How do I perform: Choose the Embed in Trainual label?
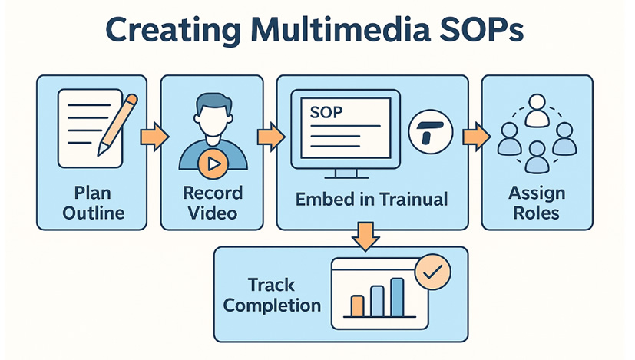(371, 200)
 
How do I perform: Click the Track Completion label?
(272, 295)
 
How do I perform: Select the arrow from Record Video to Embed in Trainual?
(270, 137)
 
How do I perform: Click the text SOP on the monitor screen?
(326, 112)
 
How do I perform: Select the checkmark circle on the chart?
(432, 272)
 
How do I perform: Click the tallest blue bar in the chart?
(397, 297)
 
